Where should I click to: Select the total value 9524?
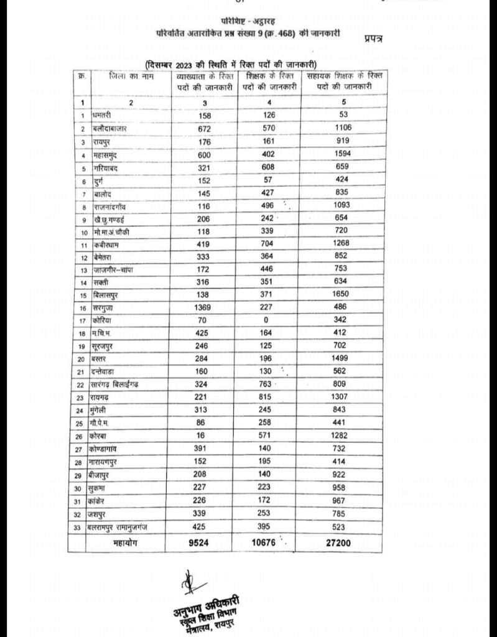tap(198, 542)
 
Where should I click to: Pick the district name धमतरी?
tap(103, 116)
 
